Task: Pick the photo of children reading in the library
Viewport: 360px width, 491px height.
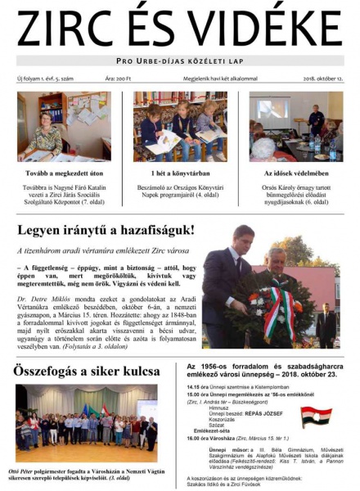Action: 180,126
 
